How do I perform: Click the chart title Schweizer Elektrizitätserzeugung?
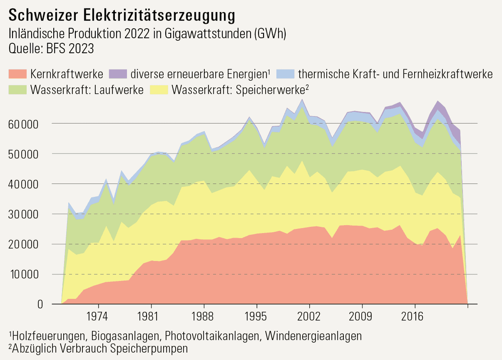pyautogui.click(x=122, y=15)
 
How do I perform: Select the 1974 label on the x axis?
pyautogui.click(x=98, y=317)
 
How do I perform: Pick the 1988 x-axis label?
pyautogui.click(x=204, y=317)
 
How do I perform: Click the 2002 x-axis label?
pyautogui.click(x=309, y=317)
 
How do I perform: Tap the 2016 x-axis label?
pyautogui.click(x=415, y=317)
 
